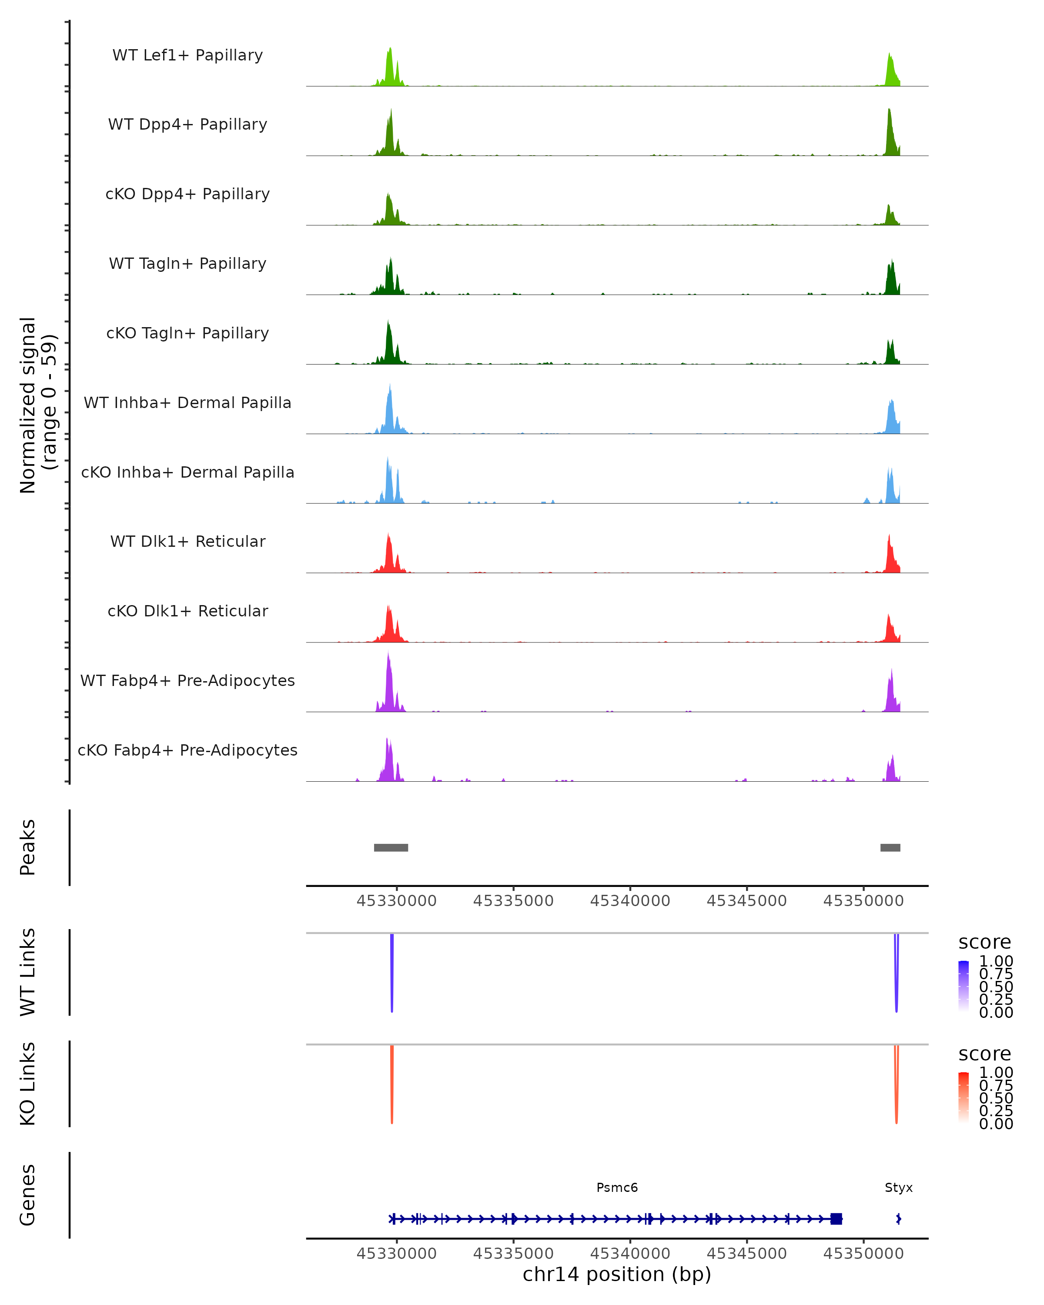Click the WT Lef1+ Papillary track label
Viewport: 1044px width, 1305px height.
[x=187, y=55]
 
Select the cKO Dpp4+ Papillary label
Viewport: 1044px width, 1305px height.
[x=187, y=194]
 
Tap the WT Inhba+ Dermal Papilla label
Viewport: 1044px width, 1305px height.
[x=187, y=403]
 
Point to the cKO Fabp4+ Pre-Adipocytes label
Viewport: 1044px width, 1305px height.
[x=187, y=750]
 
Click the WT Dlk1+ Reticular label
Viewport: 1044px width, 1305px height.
[x=187, y=542]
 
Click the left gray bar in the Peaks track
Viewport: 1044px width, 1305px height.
[x=391, y=847]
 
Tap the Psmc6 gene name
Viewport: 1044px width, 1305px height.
[x=617, y=1188]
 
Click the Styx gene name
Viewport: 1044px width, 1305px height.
[x=898, y=1188]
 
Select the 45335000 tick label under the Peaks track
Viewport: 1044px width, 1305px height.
[x=513, y=901]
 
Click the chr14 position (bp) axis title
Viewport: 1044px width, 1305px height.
[x=617, y=1275]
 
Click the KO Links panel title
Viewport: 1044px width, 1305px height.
[x=28, y=1084]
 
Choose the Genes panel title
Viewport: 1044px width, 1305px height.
[x=28, y=1195]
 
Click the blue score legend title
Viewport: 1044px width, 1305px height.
[x=984, y=942]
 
